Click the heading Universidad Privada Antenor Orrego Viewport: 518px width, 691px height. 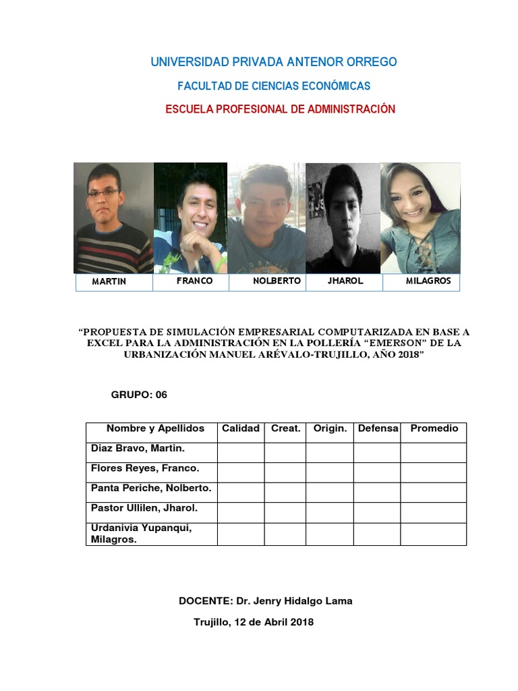pos(273,62)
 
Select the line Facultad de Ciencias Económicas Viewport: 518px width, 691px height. pos(273,86)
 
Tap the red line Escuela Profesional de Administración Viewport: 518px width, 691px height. pos(280,109)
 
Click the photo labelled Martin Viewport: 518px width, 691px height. pos(113,217)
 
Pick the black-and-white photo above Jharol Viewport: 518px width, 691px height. pos(343,217)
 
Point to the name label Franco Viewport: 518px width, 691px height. pos(194,281)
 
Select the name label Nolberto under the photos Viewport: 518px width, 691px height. pos(277,281)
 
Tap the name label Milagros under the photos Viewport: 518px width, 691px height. pos(428,281)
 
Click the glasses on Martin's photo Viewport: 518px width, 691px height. pos(103,192)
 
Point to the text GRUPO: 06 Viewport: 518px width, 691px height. pos(139,395)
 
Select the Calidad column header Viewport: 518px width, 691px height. pos(241,429)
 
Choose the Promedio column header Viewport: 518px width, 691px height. pos(434,429)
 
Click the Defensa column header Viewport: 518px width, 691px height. pos(378,429)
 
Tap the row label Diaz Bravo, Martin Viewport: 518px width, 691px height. pos(138,448)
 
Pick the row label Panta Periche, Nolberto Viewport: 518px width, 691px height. pos(150,488)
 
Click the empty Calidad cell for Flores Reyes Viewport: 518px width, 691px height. pos(241,472)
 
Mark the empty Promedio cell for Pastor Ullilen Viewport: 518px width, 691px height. pos(434,512)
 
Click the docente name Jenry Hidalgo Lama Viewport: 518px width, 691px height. pos(303,601)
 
